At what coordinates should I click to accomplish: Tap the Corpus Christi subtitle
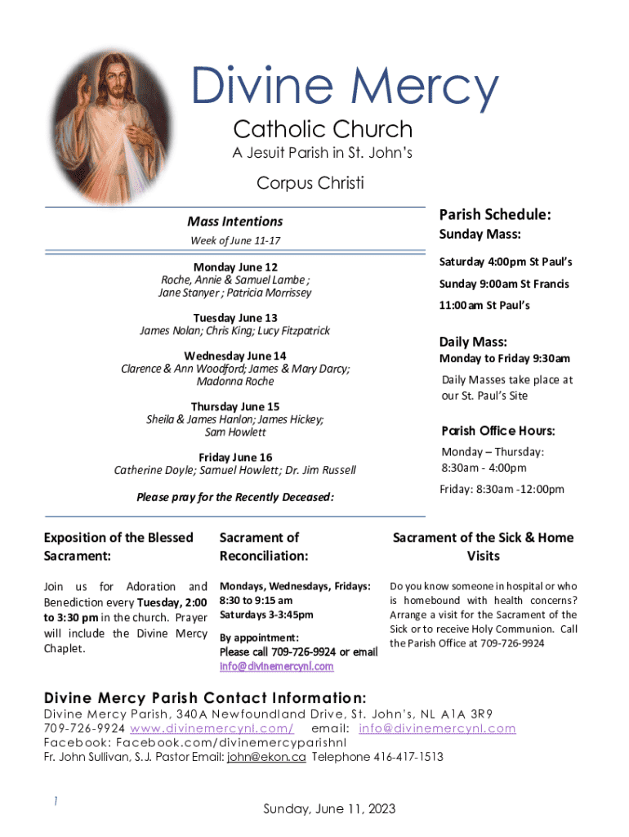point(310,182)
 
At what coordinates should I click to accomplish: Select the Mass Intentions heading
point(234,221)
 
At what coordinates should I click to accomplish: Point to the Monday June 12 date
point(235,267)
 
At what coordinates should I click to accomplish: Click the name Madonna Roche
point(235,382)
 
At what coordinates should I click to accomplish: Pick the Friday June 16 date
point(235,457)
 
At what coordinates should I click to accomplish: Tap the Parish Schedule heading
point(495,214)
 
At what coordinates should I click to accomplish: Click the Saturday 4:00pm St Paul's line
point(506,262)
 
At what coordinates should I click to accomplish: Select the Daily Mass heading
point(473,342)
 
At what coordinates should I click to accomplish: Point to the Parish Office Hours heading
point(498,431)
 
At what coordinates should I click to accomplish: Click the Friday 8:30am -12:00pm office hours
point(502,489)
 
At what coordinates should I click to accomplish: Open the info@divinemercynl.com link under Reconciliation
point(276,666)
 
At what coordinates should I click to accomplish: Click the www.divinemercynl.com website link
point(212,727)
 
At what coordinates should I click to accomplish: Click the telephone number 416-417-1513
point(410,757)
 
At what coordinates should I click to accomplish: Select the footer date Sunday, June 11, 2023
point(329,808)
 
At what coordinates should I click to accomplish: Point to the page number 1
point(55,802)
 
